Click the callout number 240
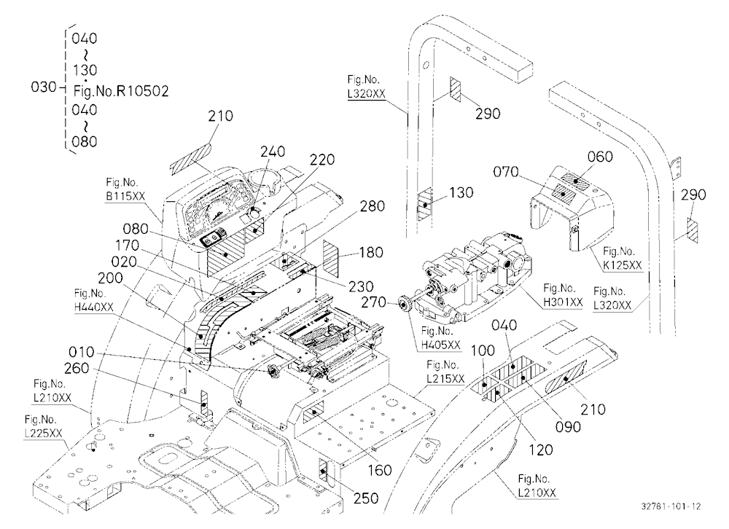click(x=273, y=152)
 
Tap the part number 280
click(x=373, y=205)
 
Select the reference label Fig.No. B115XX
click(x=125, y=189)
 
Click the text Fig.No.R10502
click(x=121, y=90)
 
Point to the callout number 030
click(x=43, y=87)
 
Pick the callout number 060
click(x=600, y=157)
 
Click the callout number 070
click(x=506, y=172)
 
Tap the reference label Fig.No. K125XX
click(x=623, y=259)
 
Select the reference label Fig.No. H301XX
click(x=563, y=295)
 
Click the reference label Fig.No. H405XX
click(x=441, y=338)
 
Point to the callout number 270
click(x=374, y=302)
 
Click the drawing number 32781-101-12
click(x=671, y=506)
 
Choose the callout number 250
click(x=366, y=498)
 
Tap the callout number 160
click(x=380, y=470)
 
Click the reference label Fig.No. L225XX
click(x=44, y=426)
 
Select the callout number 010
click(x=82, y=352)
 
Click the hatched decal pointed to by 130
click(x=425, y=204)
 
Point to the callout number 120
click(x=541, y=449)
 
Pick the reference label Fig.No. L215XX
click(x=445, y=372)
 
